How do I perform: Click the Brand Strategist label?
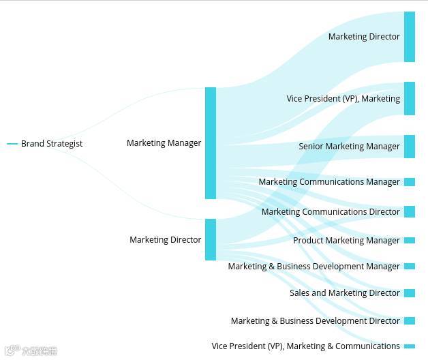52,144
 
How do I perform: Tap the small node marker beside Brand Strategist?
12,144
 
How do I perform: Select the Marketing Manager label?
164,143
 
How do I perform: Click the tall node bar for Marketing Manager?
211,143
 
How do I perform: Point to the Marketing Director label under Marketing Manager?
165,240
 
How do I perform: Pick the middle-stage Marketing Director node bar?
211,239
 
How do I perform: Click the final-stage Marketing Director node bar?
410,37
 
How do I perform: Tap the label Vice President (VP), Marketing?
343,99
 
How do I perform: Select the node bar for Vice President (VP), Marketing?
410,99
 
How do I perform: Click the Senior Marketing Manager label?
349,147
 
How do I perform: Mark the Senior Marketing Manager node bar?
410,147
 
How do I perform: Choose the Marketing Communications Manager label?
329,182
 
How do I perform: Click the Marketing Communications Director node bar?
410,212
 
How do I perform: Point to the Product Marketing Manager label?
346,241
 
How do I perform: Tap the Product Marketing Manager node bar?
410,241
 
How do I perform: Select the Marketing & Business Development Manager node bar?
410,267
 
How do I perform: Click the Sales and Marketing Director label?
344,293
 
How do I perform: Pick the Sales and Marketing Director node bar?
410,293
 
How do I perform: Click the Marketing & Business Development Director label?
315,321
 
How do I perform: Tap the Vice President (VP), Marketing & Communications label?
305,346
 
